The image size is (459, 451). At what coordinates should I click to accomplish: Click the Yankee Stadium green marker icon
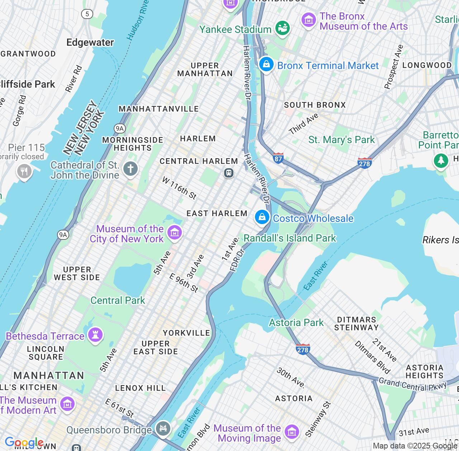[x=283, y=28]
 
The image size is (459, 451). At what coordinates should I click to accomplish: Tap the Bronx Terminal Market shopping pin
[x=266, y=64]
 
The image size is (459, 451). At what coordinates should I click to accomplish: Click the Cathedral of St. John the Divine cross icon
[x=131, y=169]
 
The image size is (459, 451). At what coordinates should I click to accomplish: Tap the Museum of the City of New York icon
[x=175, y=233]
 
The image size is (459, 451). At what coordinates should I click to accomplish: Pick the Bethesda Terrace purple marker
[x=95, y=335]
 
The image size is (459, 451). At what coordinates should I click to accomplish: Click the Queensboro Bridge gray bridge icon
[x=163, y=428]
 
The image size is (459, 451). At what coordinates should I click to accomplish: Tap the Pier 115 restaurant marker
[x=24, y=171]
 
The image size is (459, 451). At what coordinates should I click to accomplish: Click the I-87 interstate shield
[x=278, y=158]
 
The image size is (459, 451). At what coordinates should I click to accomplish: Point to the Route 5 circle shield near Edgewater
[x=87, y=14]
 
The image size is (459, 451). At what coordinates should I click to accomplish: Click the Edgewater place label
[x=90, y=42]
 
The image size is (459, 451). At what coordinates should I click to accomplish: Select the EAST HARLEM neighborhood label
[x=217, y=213]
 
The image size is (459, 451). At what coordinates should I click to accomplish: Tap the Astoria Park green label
[x=296, y=323]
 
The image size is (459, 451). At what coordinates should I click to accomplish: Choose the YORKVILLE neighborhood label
[x=186, y=333]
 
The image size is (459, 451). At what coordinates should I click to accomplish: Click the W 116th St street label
[x=179, y=188]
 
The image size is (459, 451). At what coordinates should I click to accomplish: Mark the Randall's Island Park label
[x=290, y=238]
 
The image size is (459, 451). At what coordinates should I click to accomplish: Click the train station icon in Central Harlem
[x=229, y=173]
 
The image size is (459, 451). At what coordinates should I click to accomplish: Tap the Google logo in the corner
[x=24, y=443]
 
